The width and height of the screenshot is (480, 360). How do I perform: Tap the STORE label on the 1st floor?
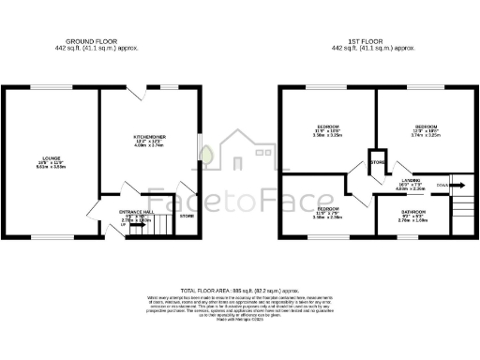378,162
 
